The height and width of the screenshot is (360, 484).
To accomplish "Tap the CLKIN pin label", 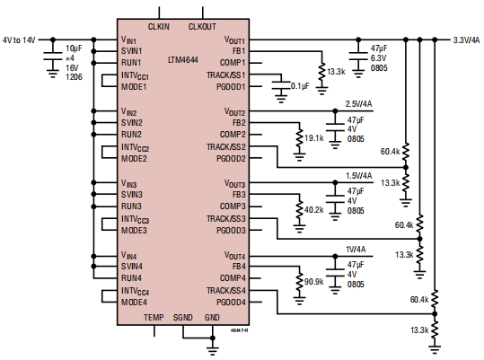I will (x=160, y=27).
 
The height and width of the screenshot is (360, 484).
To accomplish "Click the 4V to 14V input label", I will (x=21, y=40).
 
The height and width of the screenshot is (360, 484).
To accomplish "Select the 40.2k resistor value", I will (x=313, y=210).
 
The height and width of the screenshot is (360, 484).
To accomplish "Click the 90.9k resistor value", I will (x=313, y=282).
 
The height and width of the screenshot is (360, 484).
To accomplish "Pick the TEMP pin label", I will (x=153, y=318).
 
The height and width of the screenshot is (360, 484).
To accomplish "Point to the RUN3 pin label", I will (x=133, y=206).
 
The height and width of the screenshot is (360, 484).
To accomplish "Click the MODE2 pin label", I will (x=135, y=158).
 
